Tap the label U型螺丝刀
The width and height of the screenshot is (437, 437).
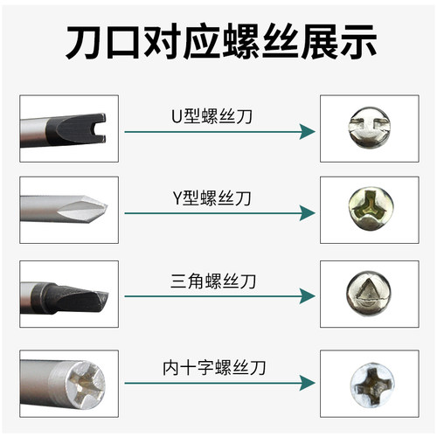pyautogui.click(x=212, y=114)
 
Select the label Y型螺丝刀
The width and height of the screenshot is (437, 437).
pyautogui.click(x=212, y=198)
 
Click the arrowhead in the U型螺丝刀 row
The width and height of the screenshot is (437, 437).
pyautogui.click(x=306, y=131)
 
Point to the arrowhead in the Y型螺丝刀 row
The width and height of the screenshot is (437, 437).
pyautogui.click(x=306, y=214)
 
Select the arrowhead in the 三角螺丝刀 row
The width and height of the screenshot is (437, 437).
pyautogui.click(x=306, y=297)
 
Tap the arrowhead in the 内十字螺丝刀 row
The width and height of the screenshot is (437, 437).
pyautogui.click(x=306, y=381)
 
